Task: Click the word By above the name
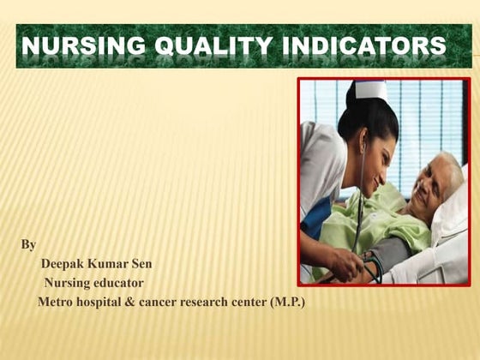28,245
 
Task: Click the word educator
118,283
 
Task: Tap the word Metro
57,303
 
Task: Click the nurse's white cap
370,90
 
